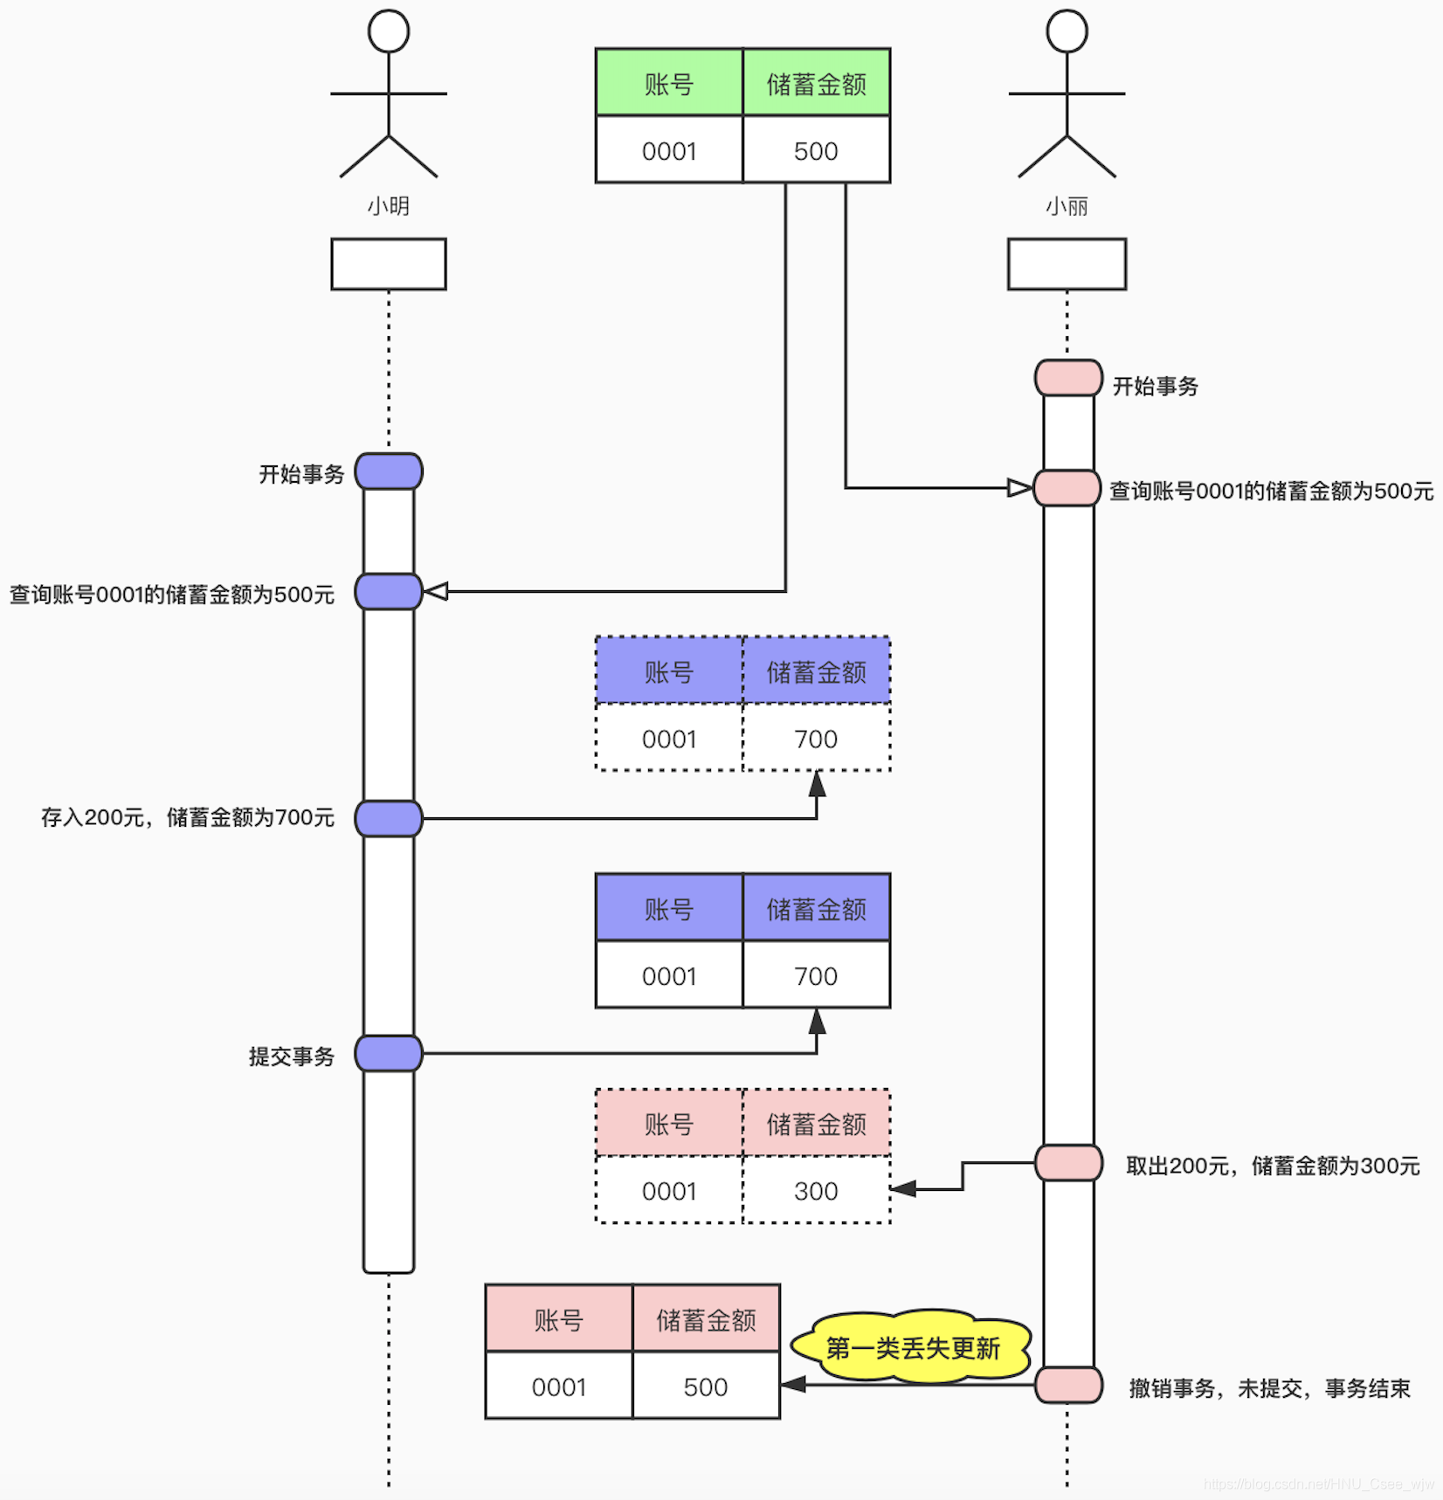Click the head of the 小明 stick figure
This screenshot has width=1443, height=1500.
[389, 32]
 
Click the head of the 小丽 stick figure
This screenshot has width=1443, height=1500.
[1067, 32]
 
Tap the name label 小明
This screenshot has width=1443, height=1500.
[389, 207]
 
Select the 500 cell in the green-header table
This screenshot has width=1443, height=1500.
[816, 151]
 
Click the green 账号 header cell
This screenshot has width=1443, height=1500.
[669, 84]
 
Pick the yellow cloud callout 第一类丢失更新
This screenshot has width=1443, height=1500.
[912, 1347]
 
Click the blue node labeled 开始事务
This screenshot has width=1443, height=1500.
[389, 471]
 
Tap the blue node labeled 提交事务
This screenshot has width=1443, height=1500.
[389, 1054]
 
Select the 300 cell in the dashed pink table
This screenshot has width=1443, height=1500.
[816, 1191]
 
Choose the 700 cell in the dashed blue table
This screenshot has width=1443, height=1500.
[816, 739]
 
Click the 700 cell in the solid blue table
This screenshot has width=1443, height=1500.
[816, 976]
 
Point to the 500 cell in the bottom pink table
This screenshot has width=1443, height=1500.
[706, 1386]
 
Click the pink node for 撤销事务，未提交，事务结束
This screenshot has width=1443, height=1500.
[1067, 1385]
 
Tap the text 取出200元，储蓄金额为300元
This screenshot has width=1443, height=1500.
[1272, 1166]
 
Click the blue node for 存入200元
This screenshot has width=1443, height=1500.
[389, 819]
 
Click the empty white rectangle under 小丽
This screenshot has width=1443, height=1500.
[1067, 265]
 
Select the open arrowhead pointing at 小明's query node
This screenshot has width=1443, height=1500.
[436, 592]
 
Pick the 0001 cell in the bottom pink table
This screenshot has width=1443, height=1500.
[559, 1386]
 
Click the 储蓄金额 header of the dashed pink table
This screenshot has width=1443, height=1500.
[816, 1124]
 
